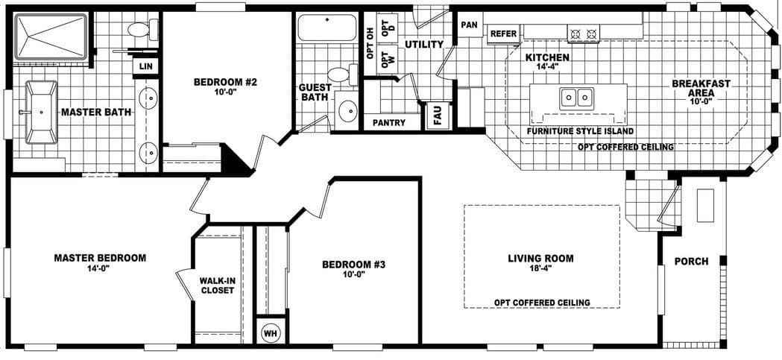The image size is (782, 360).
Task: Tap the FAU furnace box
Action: pyautogui.click(x=438, y=117)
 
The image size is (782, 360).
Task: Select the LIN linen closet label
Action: pyautogui.click(x=145, y=68)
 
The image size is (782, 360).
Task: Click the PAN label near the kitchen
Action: pyautogui.click(x=469, y=25)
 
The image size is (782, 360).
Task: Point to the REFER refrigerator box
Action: pyautogui.click(x=503, y=34)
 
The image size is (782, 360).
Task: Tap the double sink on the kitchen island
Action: pyautogui.click(x=576, y=96)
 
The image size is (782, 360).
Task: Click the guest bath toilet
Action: pyautogui.click(x=341, y=75)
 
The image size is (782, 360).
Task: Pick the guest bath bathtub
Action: pyautogui.click(x=327, y=29)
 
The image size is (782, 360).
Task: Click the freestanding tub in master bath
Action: pyautogui.click(x=42, y=113)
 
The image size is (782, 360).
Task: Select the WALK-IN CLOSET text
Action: pyautogui.click(x=218, y=285)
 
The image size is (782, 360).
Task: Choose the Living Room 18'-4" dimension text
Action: pyautogui.click(x=540, y=270)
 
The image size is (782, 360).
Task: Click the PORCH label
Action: pyautogui.click(x=690, y=262)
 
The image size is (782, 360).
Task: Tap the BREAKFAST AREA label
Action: pyautogui.click(x=700, y=89)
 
